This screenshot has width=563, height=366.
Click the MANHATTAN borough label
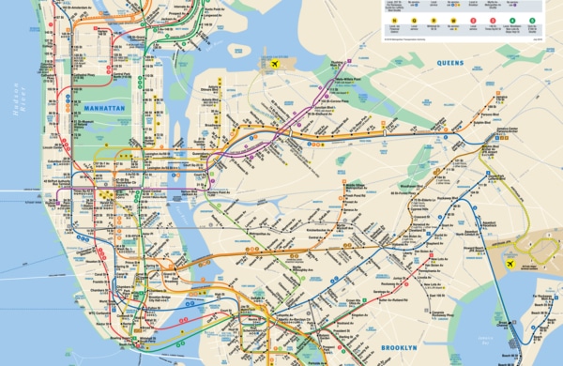(103, 109)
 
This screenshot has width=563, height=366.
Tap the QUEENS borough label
(450, 62)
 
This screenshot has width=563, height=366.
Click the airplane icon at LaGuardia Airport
(276, 64)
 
